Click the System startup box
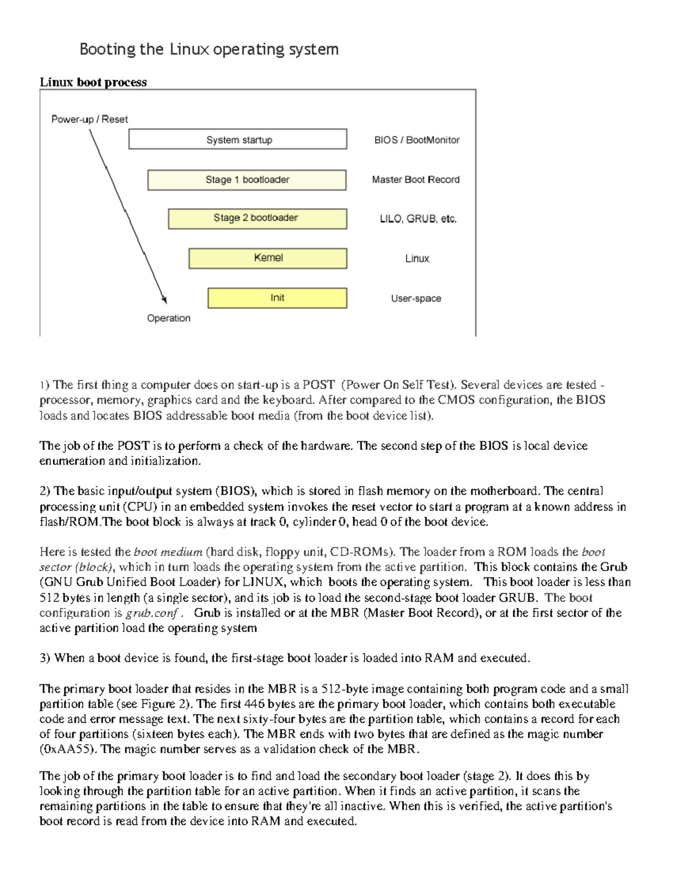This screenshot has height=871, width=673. tap(238, 139)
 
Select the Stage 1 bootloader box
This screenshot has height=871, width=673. tap(247, 180)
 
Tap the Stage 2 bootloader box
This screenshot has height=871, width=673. tap(257, 218)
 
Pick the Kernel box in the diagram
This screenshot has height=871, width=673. tap(268, 258)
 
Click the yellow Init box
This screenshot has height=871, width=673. tap(277, 298)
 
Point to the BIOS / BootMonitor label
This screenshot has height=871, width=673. tap(417, 140)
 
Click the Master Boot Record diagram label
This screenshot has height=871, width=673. tap(416, 179)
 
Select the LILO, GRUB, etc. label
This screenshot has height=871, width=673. tap(418, 219)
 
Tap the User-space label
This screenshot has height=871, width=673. tap(416, 298)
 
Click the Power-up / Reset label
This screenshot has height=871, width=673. tap(89, 119)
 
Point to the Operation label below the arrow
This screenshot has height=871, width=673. tap(168, 318)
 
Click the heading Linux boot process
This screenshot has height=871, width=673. tap(93, 82)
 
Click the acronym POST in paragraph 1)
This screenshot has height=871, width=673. tap(319, 385)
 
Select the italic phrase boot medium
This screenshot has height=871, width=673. tap(168, 552)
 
